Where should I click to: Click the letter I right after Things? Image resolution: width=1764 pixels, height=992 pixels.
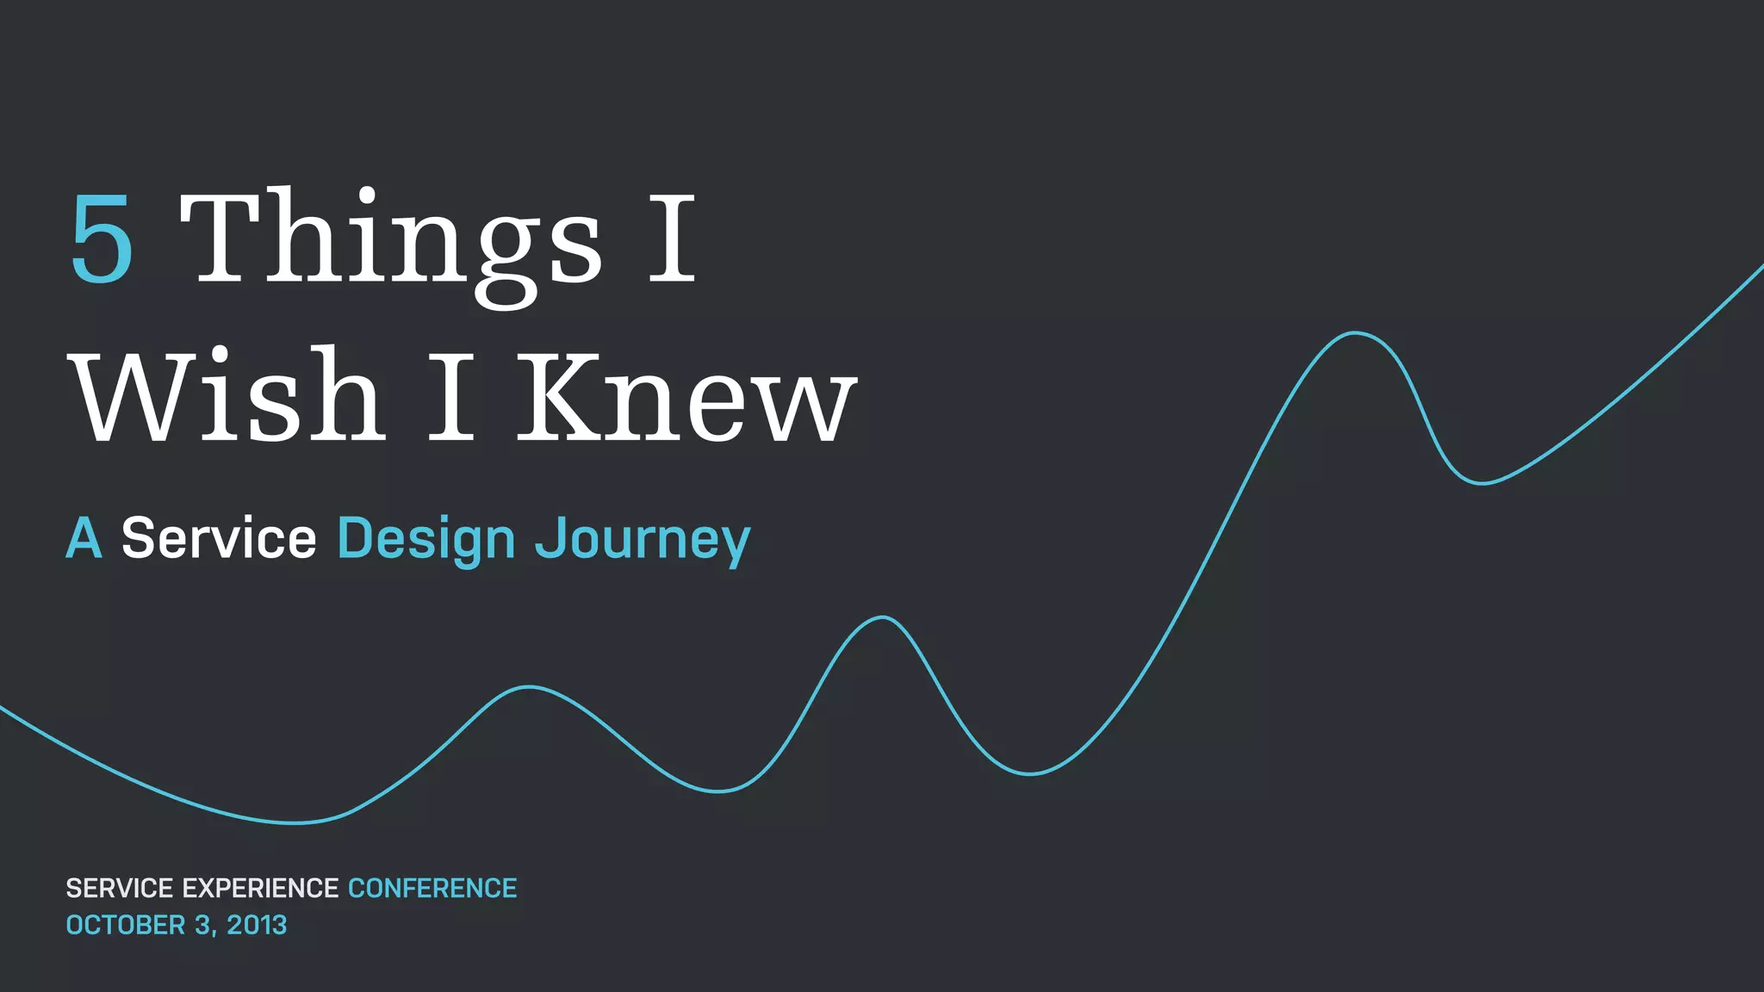[x=671, y=239]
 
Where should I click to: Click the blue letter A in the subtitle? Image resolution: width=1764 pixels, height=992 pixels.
[x=84, y=539]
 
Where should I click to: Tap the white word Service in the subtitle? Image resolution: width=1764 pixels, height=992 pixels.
[x=219, y=539]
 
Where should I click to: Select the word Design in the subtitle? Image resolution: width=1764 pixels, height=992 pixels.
[x=425, y=541]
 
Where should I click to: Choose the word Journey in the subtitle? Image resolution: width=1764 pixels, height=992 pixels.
[x=643, y=541]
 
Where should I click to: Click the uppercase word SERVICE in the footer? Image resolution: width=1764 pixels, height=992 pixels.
[x=120, y=888]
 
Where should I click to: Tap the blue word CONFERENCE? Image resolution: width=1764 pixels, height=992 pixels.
[x=432, y=888]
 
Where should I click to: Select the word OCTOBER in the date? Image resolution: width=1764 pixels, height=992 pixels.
[x=126, y=925]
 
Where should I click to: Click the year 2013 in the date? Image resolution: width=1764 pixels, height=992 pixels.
[x=257, y=925]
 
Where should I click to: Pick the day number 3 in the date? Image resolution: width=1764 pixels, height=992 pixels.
[x=202, y=925]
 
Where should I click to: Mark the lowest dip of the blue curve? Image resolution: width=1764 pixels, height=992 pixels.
[x=295, y=823]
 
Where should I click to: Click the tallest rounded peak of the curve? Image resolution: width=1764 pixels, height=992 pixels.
[x=1355, y=332]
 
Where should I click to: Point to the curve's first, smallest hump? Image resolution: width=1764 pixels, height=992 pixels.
[x=529, y=686]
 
